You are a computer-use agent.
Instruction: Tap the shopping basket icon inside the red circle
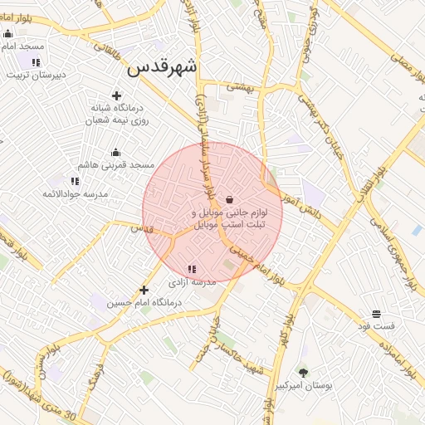click(x=229, y=199)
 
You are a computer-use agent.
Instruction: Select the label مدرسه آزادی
click(x=193, y=282)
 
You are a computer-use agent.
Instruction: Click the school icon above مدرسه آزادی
click(x=193, y=269)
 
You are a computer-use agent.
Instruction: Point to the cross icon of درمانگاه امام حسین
click(x=144, y=290)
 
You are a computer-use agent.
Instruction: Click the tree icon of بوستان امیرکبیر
click(x=303, y=373)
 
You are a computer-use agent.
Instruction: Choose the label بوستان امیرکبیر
click(x=303, y=386)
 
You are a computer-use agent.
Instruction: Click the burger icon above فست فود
click(x=377, y=314)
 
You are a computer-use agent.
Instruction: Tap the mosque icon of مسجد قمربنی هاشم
click(x=115, y=152)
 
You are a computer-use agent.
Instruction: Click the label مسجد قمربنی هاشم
click(x=115, y=165)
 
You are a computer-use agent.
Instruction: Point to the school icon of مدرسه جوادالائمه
click(x=75, y=181)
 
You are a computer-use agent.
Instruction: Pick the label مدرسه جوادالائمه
click(x=75, y=194)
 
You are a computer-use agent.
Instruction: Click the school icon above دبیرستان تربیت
click(x=36, y=62)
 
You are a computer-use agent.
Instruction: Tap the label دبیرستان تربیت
click(x=36, y=75)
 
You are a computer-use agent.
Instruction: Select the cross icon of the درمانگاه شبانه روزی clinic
click(x=115, y=95)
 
